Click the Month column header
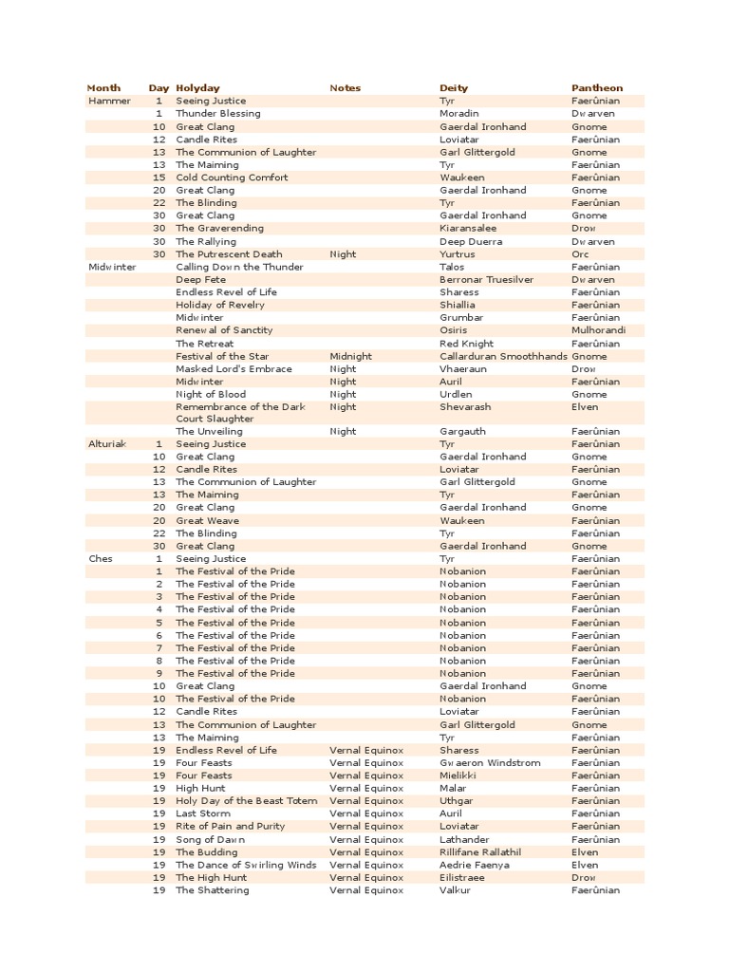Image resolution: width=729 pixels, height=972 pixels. [x=103, y=88]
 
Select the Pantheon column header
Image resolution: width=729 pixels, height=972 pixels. [x=597, y=88]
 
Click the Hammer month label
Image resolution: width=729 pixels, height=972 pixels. [x=109, y=101]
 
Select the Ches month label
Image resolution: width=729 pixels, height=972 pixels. [x=101, y=559]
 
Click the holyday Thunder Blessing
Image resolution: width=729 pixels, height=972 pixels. [x=217, y=114]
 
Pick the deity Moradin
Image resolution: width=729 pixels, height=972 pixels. [x=459, y=114]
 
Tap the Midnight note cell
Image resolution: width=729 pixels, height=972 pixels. [x=350, y=356]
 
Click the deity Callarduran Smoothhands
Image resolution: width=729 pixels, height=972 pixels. [x=503, y=356]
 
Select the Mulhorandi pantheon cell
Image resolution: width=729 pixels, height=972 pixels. [x=599, y=330]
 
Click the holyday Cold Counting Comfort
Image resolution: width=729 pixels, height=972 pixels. [x=232, y=178]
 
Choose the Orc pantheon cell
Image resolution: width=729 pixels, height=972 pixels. [x=580, y=254]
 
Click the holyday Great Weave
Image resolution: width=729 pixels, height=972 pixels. [x=207, y=521]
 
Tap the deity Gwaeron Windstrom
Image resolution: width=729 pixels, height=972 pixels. [x=490, y=763]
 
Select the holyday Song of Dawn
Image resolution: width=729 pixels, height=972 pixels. [x=211, y=840]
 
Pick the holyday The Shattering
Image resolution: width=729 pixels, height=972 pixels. [x=213, y=890]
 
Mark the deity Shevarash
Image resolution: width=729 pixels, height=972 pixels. [x=464, y=407]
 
